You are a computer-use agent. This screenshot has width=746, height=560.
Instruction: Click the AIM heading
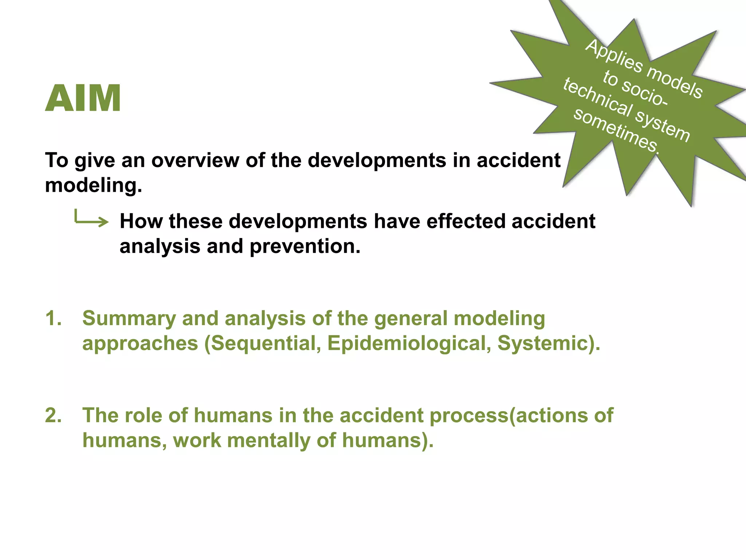click(83, 98)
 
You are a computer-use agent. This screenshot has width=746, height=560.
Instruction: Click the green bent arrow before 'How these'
click(91, 218)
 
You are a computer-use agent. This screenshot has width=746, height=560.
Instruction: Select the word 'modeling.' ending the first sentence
click(93, 185)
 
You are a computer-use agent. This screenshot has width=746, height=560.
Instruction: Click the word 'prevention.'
click(305, 246)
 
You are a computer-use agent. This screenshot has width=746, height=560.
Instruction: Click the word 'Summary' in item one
click(129, 318)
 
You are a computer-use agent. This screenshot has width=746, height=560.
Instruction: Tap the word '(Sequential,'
click(262, 343)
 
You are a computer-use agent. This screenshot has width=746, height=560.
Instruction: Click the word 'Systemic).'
click(549, 343)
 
